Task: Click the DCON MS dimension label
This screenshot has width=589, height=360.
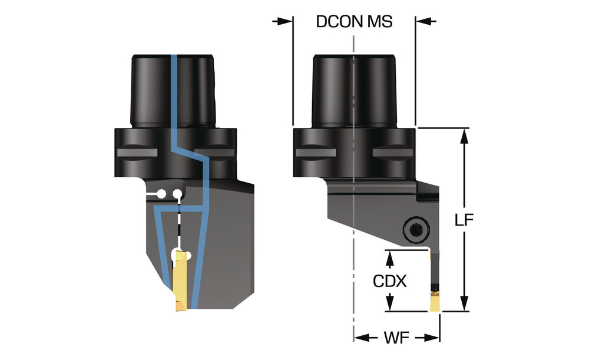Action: tap(354, 21)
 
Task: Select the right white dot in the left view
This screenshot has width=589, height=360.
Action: tap(176, 193)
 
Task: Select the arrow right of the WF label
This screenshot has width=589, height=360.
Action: tap(433, 338)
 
